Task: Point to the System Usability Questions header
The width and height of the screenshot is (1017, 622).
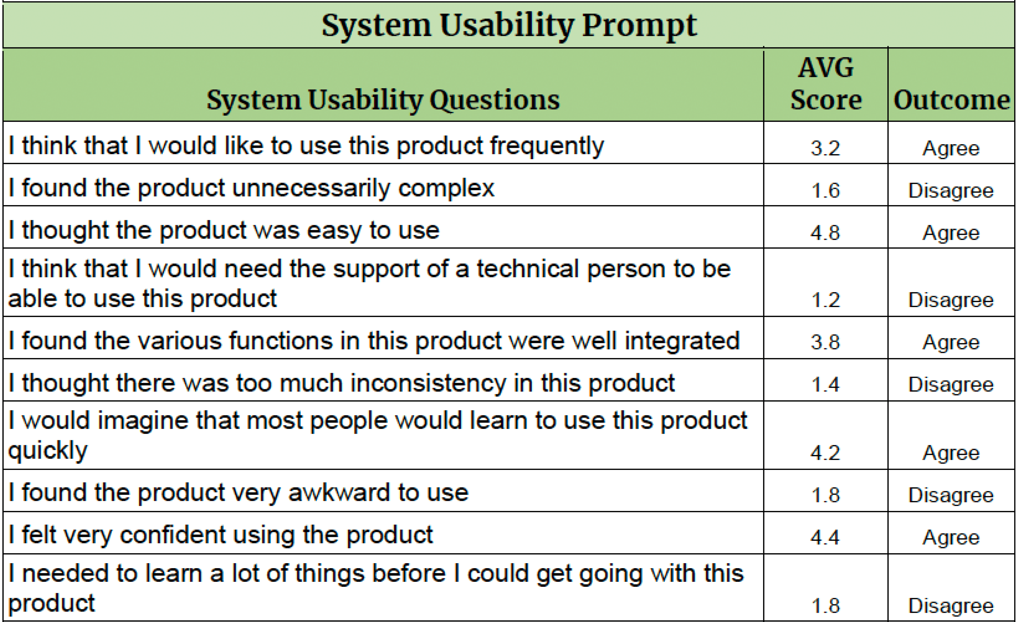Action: [383, 101]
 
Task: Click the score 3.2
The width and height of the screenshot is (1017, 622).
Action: [825, 148]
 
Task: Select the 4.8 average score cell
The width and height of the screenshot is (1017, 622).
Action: [825, 233]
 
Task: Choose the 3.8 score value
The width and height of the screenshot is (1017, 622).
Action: [825, 342]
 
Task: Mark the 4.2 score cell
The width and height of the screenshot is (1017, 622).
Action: [825, 453]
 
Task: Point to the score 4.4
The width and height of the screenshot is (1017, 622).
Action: [825, 537]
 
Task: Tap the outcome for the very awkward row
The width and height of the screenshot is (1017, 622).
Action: [951, 495]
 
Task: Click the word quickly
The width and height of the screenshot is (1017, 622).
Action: [48, 451]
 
